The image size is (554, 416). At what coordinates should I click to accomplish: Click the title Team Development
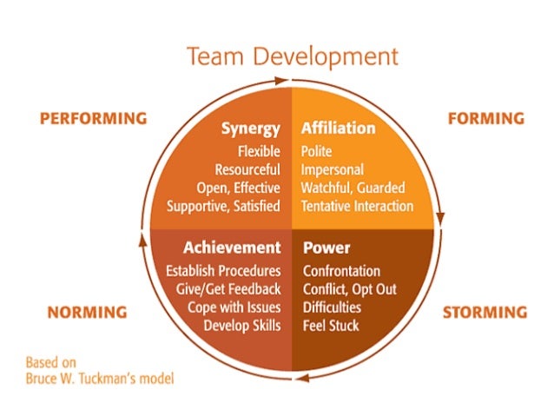292,57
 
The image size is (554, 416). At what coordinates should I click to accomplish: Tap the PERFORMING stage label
93,118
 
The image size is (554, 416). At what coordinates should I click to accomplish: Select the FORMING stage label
485,118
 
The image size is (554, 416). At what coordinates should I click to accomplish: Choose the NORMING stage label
87,312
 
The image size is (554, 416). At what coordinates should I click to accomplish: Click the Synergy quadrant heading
250,129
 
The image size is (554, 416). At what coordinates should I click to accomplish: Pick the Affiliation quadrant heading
338,129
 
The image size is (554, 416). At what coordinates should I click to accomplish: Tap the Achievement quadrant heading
232,248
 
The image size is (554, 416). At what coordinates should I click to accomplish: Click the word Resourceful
247,169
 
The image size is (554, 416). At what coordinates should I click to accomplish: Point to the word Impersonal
333,169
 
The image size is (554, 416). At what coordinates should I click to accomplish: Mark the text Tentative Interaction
357,206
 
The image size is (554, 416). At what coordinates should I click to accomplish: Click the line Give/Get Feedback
223,289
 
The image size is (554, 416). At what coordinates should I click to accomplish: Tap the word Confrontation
341,271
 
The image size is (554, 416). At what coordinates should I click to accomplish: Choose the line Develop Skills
242,326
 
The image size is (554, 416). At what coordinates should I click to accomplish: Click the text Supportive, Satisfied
223,206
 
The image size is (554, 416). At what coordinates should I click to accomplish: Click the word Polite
317,151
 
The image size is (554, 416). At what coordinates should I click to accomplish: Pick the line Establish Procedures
223,271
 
